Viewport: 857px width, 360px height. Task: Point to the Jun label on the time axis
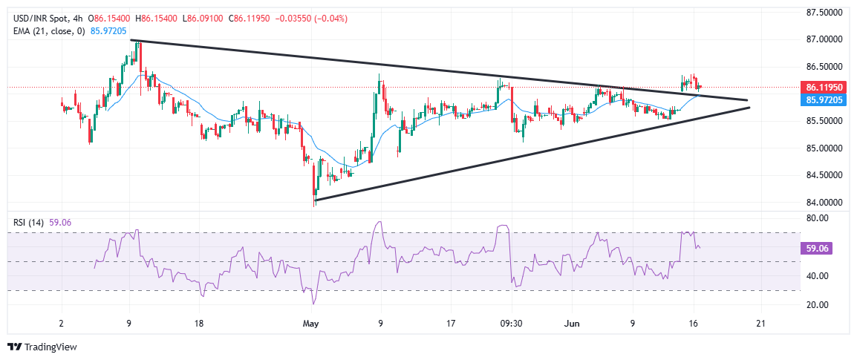(x=570, y=324)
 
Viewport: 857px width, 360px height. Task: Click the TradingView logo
(x=42, y=347)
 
